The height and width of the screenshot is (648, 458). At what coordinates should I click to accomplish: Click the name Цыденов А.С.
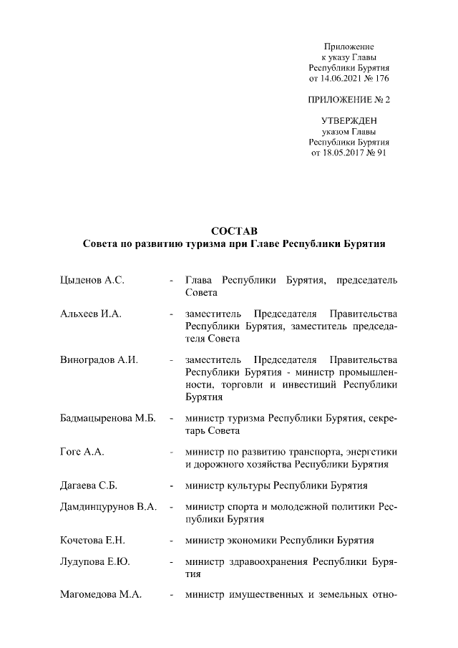point(92,279)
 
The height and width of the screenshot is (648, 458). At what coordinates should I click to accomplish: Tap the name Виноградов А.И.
point(99,359)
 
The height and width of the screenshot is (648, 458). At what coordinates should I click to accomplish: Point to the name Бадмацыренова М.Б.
point(108,417)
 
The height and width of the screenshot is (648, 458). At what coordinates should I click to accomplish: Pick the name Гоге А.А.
point(84,452)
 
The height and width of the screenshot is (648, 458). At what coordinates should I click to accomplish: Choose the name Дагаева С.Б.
point(89,486)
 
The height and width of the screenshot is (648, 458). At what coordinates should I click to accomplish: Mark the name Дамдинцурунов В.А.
point(108,507)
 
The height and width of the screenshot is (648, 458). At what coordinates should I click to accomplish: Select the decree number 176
point(381,77)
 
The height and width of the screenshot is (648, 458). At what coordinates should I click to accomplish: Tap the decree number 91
point(380,153)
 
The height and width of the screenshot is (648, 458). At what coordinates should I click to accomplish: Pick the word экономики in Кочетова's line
point(253,541)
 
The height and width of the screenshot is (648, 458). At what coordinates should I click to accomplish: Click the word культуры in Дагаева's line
point(250,486)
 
